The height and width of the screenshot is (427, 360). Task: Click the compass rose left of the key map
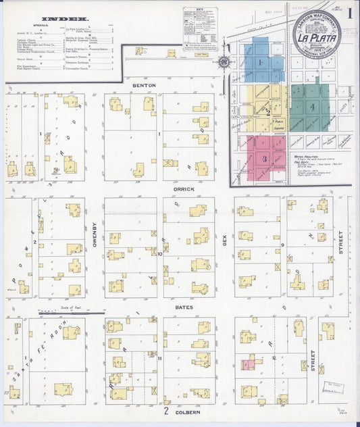pyautogui.click(x=224, y=63)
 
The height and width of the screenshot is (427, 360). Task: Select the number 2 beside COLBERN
pyautogui.click(x=165, y=410)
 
